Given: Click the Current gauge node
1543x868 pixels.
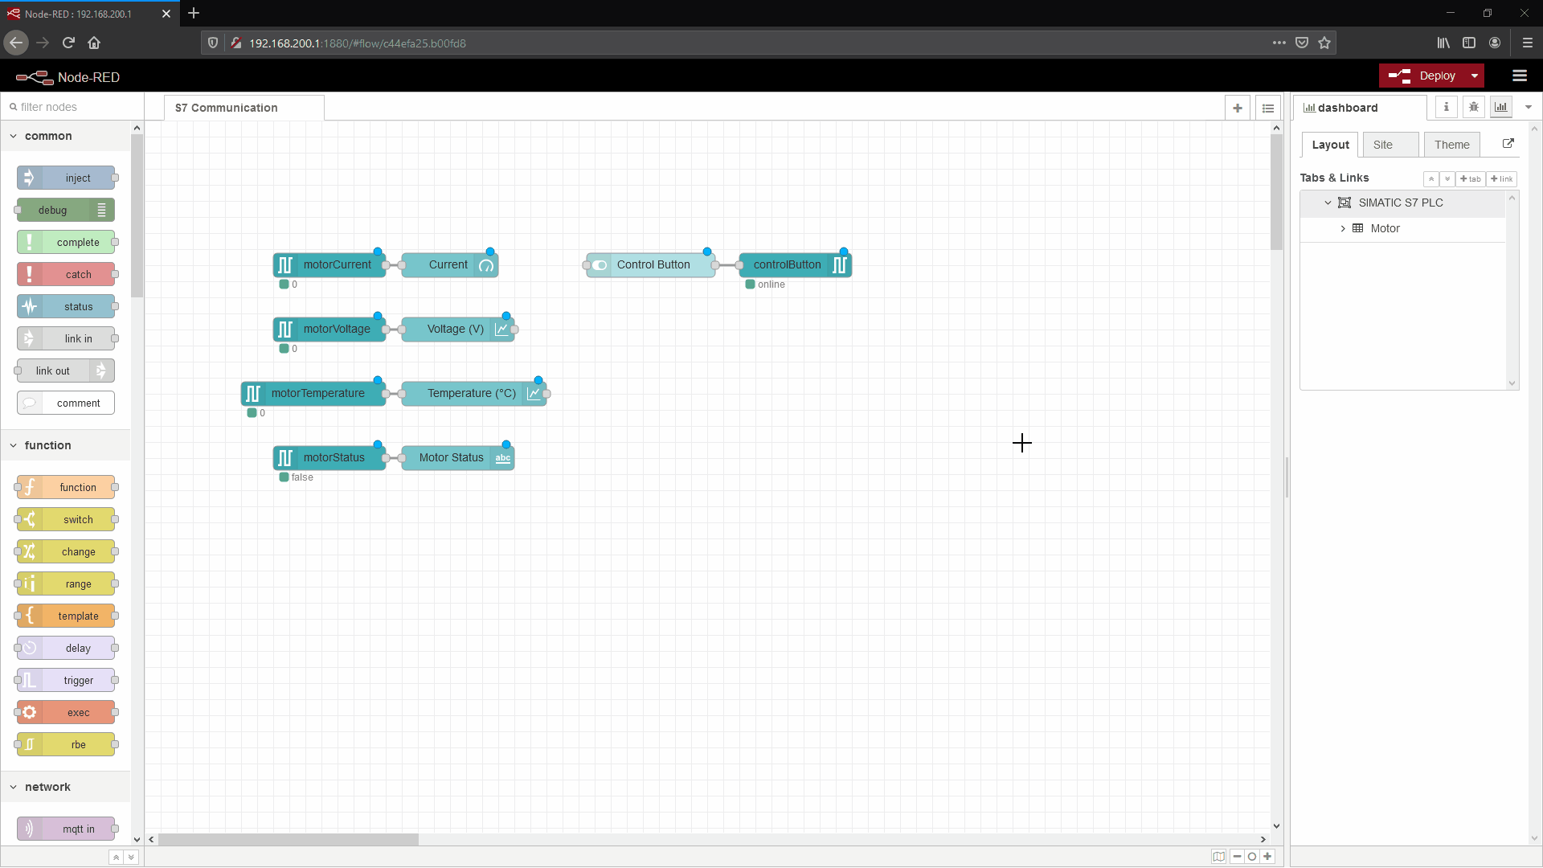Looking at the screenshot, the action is tap(448, 264).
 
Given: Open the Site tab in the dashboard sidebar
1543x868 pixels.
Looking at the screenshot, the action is tap(1382, 145).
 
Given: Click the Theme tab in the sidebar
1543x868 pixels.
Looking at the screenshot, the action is tap(1451, 145).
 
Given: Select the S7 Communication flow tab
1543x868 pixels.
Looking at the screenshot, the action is tap(227, 108).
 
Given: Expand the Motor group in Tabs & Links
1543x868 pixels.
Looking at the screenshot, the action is tap(1342, 228).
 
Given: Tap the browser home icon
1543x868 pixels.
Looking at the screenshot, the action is tap(94, 43).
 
